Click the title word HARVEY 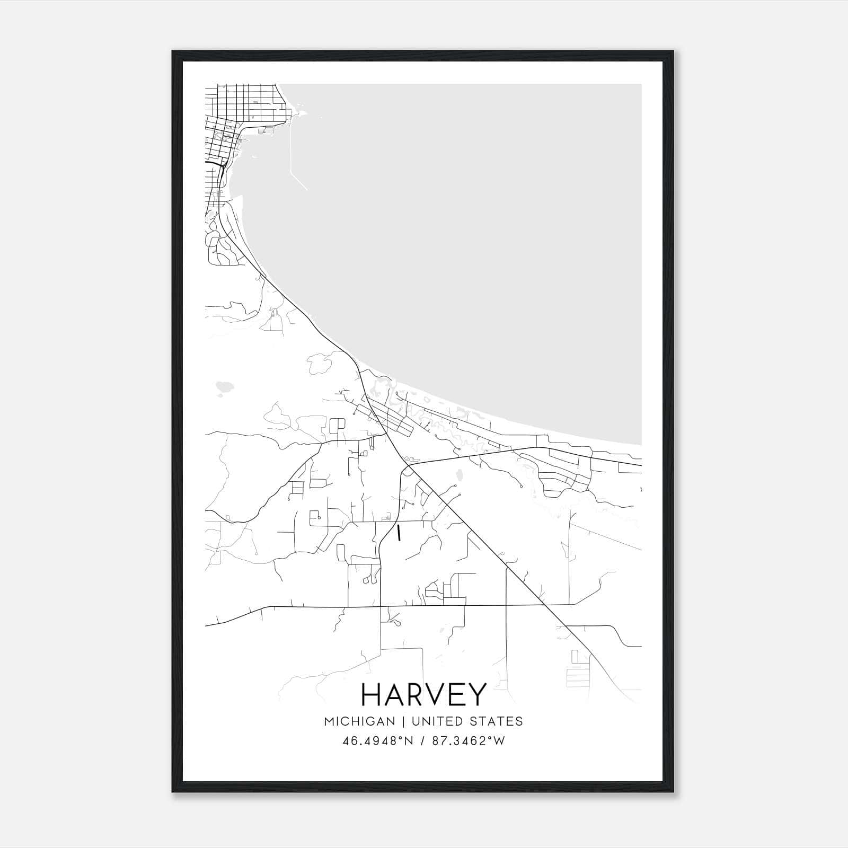point(423,694)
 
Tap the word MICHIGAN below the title point(359,721)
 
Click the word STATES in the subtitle point(498,721)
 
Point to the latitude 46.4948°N point(378,741)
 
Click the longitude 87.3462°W point(469,741)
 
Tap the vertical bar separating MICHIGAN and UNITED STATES point(403,721)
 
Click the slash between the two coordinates point(423,741)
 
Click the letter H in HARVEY point(374,694)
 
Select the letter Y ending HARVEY point(475,694)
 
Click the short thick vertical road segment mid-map point(398,533)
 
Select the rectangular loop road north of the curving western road point(337,426)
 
